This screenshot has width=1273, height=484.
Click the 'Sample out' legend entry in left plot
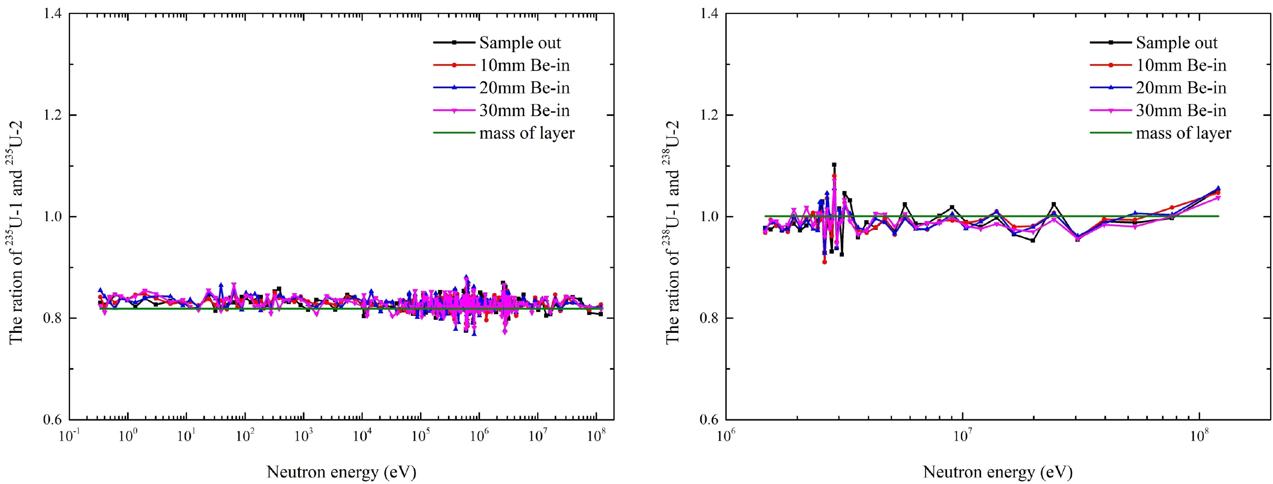tap(520, 43)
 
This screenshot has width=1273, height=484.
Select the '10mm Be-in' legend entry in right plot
tap(1181, 65)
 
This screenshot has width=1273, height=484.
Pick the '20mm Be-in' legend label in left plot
tap(524, 88)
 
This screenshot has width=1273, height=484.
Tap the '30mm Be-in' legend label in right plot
tap(1181, 111)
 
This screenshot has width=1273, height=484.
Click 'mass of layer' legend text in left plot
tap(527, 133)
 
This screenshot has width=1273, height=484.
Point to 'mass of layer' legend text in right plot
tap(1183, 133)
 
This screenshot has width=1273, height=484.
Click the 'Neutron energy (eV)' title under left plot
tap(341, 472)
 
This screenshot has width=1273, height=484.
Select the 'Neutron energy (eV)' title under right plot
tap(998, 472)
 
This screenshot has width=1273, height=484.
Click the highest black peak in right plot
tap(834, 165)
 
